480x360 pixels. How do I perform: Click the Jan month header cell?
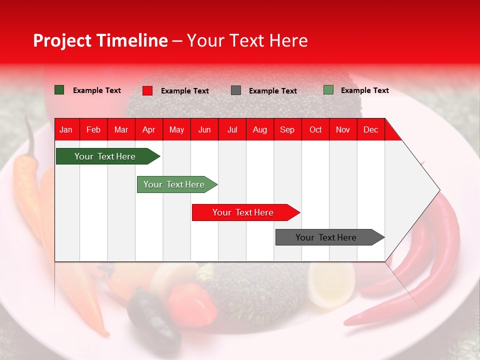click(66, 129)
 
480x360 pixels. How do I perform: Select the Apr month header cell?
click(148, 129)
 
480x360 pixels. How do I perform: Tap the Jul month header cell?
click(232, 129)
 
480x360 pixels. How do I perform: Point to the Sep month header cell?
click(287, 129)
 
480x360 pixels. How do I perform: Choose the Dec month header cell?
click(370, 129)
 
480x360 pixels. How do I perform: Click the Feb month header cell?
click(93, 129)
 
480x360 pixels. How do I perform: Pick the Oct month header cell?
click(315, 129)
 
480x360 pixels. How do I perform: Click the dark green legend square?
click(59, 90)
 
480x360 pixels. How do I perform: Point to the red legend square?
click(147, 90)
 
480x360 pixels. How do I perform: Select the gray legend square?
click(236, 90)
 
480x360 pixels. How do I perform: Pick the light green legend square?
click(328, 90)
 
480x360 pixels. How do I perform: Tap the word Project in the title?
click(62, 40)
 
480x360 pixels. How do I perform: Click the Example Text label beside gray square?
click(272, 91)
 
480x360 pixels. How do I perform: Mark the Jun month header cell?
click(204, 129)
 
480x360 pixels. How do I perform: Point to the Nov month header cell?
click(342, 129)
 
